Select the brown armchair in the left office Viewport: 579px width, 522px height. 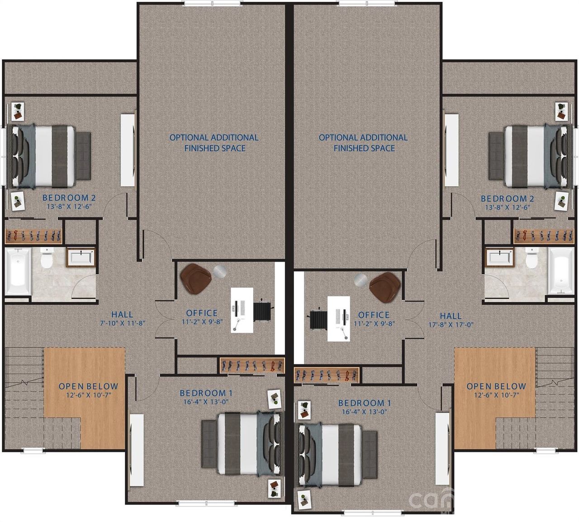[195, 277]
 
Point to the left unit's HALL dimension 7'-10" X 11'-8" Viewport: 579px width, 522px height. [122, 323]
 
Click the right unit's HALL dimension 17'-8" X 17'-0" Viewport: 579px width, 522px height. [451, 324]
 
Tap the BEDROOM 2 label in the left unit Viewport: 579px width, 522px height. [69, 198]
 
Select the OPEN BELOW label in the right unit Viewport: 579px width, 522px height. [496, 386]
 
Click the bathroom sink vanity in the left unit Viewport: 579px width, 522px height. [81, 257]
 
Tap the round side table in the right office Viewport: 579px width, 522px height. [361, 280]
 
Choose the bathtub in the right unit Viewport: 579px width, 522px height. [560, 273]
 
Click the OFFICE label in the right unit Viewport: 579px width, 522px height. [374, 315]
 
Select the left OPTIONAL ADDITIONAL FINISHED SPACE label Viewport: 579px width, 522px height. [214, 142]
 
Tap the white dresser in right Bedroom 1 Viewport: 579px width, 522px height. [442, 447]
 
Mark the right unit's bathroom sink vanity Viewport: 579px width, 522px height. [498, 258]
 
